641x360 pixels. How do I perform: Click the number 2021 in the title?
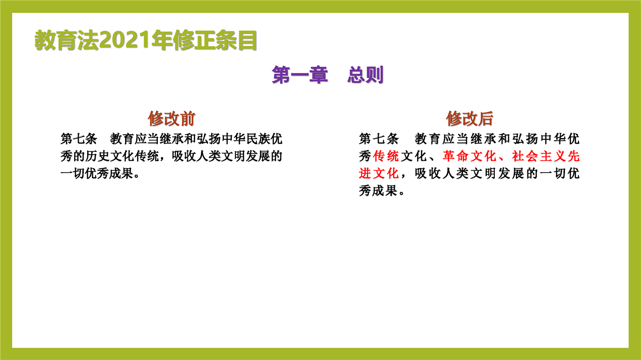pos(125,40)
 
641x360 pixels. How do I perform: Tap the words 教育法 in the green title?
pos(67,40)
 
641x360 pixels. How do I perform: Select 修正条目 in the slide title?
pos(215,40)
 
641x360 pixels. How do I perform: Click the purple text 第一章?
pos(299,75)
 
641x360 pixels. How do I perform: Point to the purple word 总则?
pos(366,75)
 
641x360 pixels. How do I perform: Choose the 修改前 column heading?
pos(171,119)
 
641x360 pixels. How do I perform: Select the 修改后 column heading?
pos(470,119)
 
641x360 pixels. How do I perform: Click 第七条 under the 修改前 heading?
pos(79,139)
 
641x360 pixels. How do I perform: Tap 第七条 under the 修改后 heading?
pos(379,139)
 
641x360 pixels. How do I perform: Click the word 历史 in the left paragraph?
pos(97,156)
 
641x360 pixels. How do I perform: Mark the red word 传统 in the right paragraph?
pos(386,156)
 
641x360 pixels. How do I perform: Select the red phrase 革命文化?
pos(470,156)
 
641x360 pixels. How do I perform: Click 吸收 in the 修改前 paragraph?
pos(183,156)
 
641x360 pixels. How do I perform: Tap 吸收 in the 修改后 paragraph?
pos(428,173)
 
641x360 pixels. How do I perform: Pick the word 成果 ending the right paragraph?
pos(386,191)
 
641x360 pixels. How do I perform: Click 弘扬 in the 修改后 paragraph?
pos(525,139)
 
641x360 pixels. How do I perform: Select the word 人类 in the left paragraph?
pos(208,156)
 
